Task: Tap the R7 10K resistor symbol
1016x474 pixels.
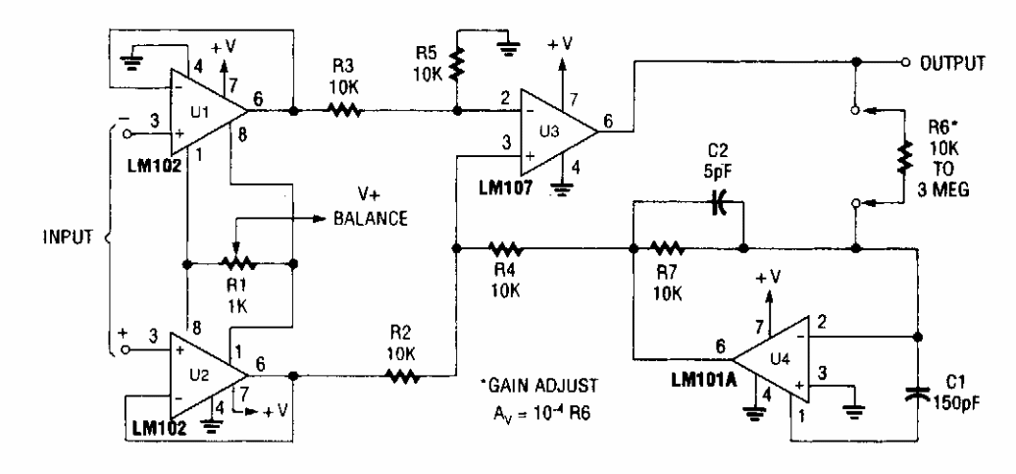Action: click(668, 247)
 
